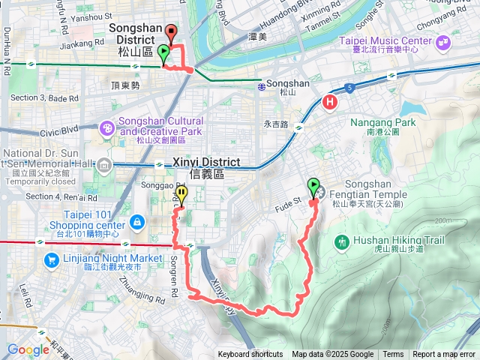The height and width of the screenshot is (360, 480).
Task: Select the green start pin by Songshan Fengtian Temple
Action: pyautogui.click(x=312, y=185)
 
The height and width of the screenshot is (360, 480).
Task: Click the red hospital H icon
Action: pyautogui.click(x=329, y=102)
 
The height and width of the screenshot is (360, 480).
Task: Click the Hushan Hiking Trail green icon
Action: pyautogui.click(x=342, y=241)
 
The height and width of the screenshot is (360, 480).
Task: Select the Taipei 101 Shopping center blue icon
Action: pyautogui.click(x=136, y=222)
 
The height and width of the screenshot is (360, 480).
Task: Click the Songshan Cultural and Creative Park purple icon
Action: pyautogui.click(x=108, y=129)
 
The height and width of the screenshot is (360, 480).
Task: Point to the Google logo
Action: pyautogui.click(x=28, y=349)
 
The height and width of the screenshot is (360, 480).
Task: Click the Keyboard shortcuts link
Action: pyautogui.click(x=250, y=355)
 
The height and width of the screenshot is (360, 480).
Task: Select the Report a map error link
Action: pyautogui.click(x=444, y=355)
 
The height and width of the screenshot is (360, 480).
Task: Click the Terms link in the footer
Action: pyautogui.click(x=393, y=355)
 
